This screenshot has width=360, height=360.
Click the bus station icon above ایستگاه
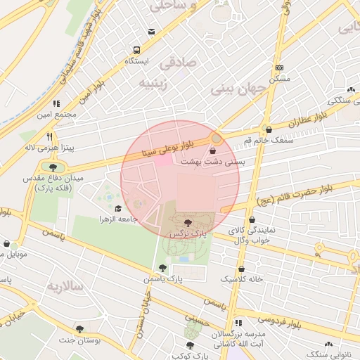tap(136, 51)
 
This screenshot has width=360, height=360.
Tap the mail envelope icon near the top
tap(152, 32)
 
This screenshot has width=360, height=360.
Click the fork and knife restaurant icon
tap(49, 137)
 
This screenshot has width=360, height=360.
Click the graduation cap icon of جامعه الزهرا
tap(118, 208)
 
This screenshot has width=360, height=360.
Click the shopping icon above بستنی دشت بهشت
tap(213, 150)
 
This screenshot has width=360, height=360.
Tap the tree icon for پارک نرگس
tap(187, 223)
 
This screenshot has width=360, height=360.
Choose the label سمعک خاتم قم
tap(267, 141)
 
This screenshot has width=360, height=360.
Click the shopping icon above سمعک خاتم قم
tap(268, 129)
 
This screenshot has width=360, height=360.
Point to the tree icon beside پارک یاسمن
tap(163, 267)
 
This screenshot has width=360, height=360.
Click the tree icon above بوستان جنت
tap(79, 328)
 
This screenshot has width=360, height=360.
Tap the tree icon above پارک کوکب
tap(191, 345)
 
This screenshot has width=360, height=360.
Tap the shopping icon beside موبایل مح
tap(6, 244)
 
